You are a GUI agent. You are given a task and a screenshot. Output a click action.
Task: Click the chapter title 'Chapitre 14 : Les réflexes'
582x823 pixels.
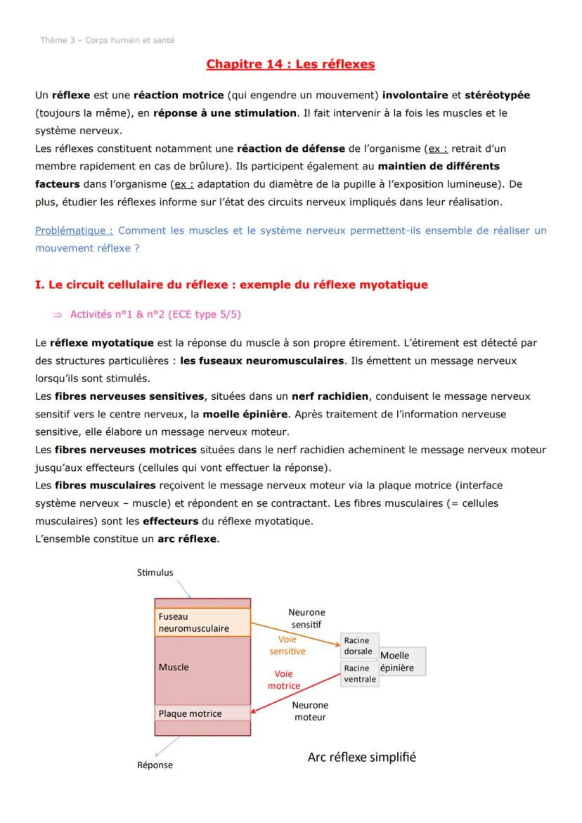click(290, 65)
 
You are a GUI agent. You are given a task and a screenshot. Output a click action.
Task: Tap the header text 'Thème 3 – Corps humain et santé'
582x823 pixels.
click(108, 40)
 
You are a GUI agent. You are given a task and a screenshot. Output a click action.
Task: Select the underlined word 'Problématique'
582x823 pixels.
click(74, 231)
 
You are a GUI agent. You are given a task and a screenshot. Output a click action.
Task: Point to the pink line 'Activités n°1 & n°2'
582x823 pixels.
click(155, 314)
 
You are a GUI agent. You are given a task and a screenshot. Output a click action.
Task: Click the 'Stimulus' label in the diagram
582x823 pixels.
click(155, 573)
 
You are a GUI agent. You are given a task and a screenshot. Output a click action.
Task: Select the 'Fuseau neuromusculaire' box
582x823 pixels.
click(202, 622)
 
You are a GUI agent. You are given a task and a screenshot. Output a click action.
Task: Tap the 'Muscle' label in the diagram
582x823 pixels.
click(174, 667)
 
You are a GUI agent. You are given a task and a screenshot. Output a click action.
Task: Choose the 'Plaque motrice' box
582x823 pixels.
click(202, 713)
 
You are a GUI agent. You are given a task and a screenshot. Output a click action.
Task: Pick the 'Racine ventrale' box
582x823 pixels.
click(359, 674)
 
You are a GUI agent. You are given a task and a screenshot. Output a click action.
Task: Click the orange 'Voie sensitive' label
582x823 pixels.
click(287, 645)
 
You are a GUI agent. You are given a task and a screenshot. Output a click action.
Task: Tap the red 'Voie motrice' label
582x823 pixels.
click(284, 680)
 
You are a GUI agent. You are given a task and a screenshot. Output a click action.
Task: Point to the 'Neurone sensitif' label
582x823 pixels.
click(306, 618)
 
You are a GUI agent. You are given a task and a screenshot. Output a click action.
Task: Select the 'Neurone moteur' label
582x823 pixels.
click(311, 711)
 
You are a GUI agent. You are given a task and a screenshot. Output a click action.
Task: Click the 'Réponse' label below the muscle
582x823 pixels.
click(155, 765)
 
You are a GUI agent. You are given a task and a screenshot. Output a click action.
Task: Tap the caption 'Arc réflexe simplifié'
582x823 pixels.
click(361, 758)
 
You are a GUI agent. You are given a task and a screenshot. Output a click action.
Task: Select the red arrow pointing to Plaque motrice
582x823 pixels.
click(295, 692)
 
